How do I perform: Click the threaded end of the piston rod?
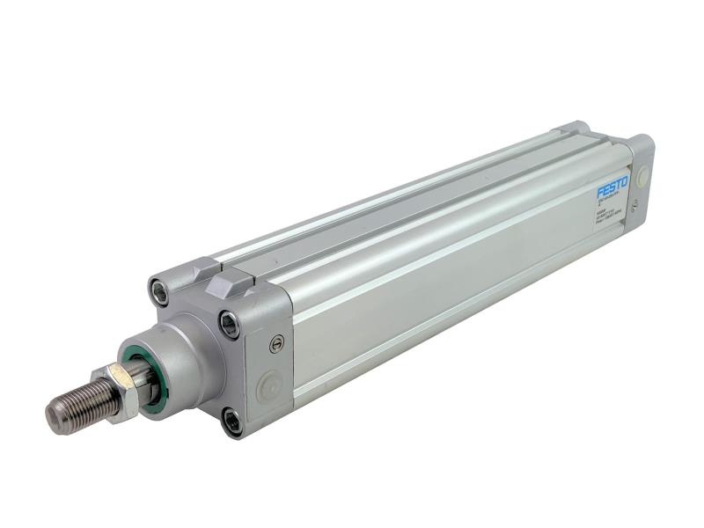coord(84,403)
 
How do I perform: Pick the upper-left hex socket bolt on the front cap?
coord(160,290)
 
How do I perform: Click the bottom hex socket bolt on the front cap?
coord(231,422)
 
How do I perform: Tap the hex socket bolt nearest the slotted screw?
coord(231,324)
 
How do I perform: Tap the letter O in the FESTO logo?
coord(624,183)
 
